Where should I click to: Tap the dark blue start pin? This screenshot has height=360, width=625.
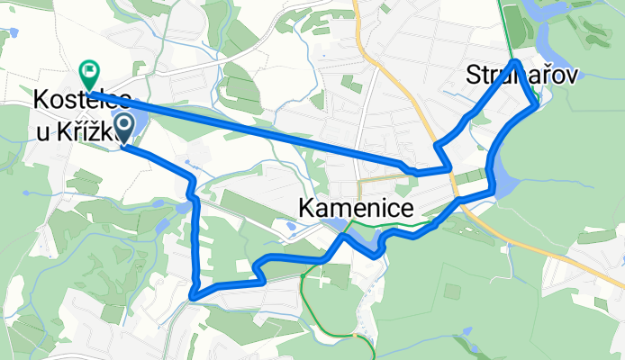click(x=122, y=127)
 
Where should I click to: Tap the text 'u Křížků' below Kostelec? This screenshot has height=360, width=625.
click(x=72, y=131)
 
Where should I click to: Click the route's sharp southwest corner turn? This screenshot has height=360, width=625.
click(x=193, y=294)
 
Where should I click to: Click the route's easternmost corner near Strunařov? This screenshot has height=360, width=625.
click(x=538, y=105)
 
